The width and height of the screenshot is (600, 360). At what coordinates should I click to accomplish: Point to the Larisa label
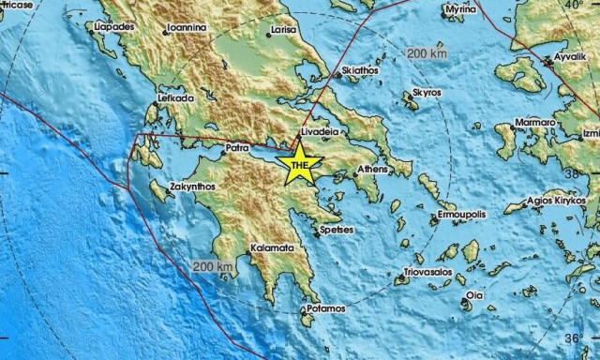pos(283,30)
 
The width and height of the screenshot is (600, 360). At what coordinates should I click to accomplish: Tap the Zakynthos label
pos(193,187)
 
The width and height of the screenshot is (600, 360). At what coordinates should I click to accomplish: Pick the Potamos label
pos(327,307)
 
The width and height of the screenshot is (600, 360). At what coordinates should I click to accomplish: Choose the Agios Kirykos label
pos(557,201)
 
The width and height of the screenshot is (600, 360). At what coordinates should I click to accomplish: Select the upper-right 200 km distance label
pos(426,55)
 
